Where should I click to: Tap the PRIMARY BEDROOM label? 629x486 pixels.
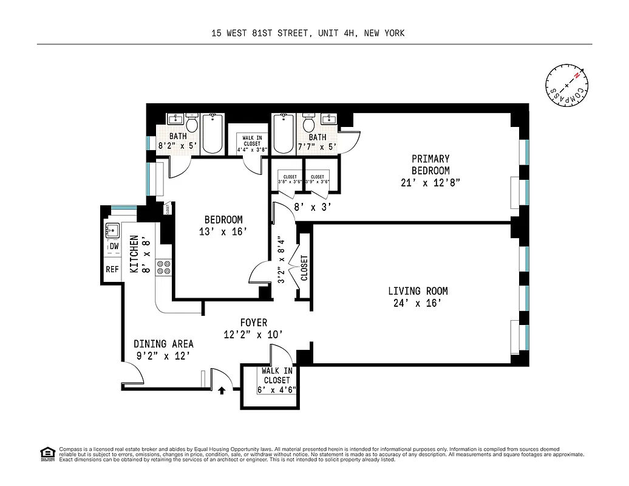point(430,165)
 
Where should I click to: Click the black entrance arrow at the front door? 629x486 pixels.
point(223,390)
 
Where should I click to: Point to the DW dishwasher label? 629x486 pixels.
point(114,247)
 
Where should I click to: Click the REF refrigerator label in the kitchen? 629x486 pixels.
point(113,269)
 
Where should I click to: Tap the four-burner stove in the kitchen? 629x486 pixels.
point(164,268)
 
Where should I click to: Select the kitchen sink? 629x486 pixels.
point(112,230)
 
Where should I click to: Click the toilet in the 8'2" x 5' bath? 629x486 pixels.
point(192,124)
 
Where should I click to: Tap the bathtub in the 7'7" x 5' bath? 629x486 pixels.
point(284,134)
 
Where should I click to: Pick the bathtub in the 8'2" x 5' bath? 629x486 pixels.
point(212,134)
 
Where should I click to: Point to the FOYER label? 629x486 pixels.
point(253,323)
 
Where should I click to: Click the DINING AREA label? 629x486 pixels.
point(163,344)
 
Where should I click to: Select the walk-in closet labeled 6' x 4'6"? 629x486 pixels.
point(277,380)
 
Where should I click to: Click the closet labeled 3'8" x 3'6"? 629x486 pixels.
point(290,179)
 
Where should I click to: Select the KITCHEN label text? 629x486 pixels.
point(134,255)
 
